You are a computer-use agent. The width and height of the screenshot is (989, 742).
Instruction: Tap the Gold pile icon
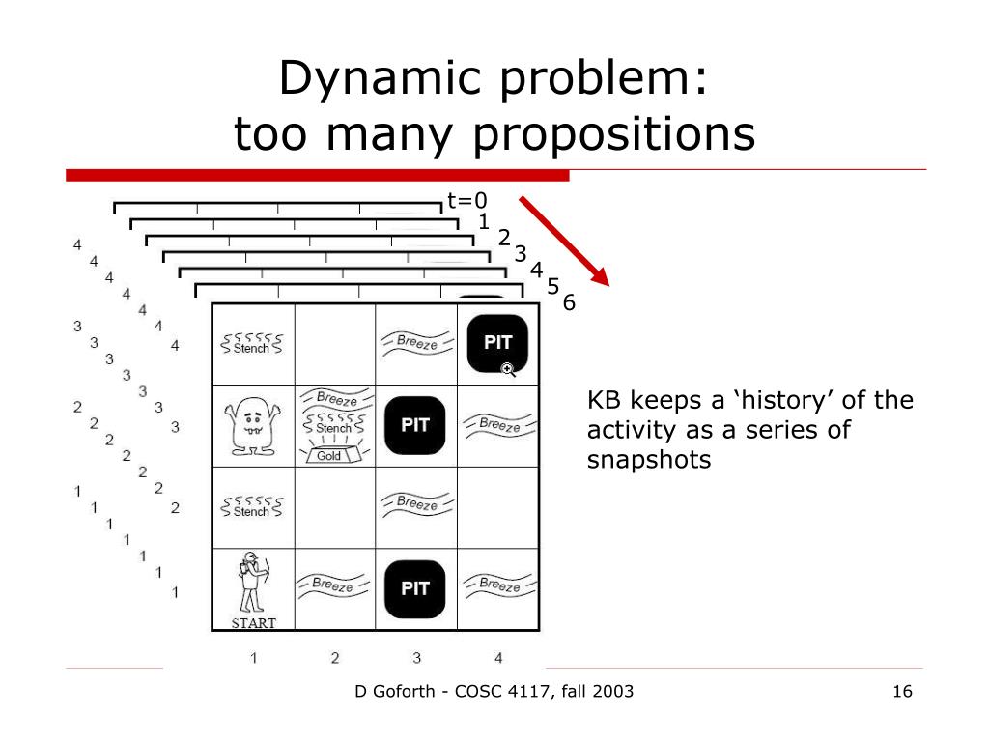tap(330, 453)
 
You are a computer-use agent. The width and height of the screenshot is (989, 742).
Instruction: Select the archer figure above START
tap(252, 582)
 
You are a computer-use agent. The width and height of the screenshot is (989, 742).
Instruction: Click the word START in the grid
tap(253, 623)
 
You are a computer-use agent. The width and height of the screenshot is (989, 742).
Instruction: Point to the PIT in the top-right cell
tap(497, 342)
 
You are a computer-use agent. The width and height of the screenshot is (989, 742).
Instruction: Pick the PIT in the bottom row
tap(415, 587)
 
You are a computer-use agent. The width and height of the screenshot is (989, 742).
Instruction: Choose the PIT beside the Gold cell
tap(415, 425)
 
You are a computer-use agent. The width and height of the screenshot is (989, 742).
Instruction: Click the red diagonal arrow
tap(565, 241)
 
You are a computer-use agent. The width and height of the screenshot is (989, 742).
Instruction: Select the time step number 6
tap(569, 303)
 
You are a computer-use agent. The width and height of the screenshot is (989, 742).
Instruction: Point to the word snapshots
tap(648, 459)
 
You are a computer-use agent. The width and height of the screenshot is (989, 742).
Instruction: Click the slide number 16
tap(903, 691)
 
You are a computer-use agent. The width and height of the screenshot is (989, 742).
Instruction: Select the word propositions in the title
tap(613, 135)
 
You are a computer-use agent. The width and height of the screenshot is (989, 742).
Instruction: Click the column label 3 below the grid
tap(416, 659)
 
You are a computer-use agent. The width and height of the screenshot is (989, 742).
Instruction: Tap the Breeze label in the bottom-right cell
tap(498, 585)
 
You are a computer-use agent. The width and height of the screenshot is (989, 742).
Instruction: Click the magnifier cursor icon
tap(508, 369)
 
